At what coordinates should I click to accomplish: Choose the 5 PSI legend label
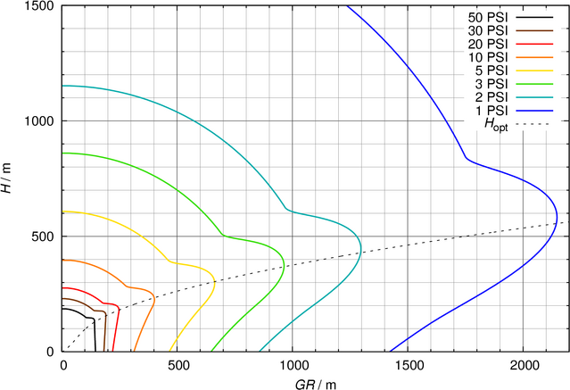point(492,70)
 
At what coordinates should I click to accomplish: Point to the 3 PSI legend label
point(492,83)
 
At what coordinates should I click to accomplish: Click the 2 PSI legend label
point(492,96)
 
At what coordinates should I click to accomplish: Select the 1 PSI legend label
point(492,109)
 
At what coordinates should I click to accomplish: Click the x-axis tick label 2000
point(524,365)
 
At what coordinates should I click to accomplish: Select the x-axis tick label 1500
point(408,365)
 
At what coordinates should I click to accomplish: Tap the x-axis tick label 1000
point(293,365)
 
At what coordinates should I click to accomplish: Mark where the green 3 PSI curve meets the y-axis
point(62,153)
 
